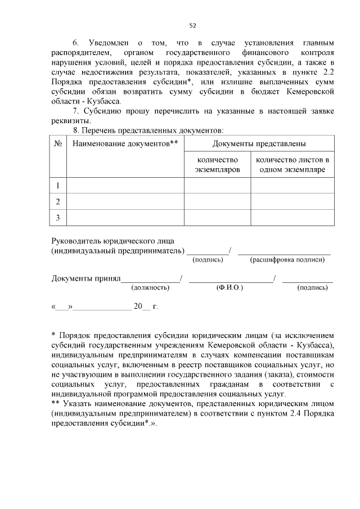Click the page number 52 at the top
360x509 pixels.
point(192,25)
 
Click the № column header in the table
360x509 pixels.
point(58,144)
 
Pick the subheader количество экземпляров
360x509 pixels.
point(217,164)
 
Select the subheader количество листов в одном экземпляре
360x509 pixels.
point(292,164)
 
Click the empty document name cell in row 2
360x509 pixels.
point(125,201)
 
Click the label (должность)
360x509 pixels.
point(150,287)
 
